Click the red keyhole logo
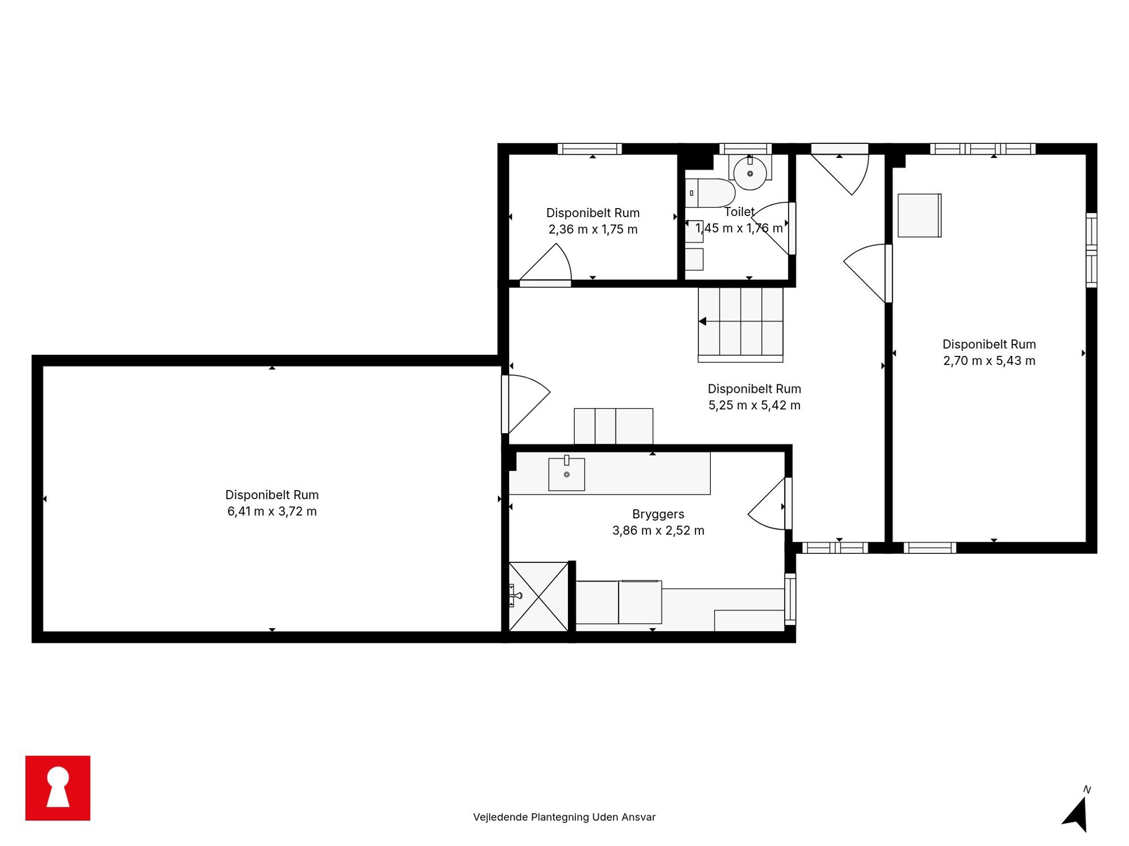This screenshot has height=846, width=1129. [57, 787]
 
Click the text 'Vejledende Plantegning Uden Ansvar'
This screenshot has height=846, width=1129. [564, 817]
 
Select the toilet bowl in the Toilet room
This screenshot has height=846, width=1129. [710, 193]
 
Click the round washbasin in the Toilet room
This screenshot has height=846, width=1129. [750, 173]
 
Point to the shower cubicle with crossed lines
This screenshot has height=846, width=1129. [538, 596]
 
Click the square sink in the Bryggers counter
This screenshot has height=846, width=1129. [566, 474]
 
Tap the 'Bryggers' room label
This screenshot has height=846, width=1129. [658, 514]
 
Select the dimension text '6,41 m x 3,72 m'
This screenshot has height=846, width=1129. [272, 511]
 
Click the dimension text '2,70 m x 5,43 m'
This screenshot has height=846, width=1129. [989, 360]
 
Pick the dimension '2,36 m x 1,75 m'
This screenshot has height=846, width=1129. [593, 229]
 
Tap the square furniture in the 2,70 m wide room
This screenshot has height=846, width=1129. [920, 215]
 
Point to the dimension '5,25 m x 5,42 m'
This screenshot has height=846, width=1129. [754, 405]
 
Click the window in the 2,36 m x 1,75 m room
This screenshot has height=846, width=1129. [590, 149]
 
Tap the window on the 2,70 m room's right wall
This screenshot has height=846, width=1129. [1091, 250]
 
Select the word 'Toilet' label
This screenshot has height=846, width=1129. [739, 212]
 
